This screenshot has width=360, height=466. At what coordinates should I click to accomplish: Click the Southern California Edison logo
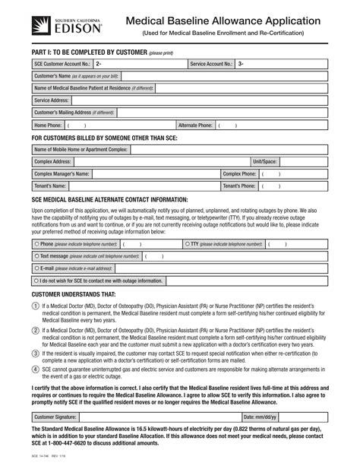[x=52, y=24]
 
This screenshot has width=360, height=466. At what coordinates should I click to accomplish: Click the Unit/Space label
[x=265, y=162]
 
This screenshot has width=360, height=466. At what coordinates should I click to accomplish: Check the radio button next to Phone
[x=36, y=244]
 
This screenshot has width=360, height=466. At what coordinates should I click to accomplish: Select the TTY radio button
[x=188, y=244]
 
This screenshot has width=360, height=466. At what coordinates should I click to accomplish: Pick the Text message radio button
[x=36, y=256]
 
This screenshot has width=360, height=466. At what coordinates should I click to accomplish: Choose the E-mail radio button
[x=36, y=268]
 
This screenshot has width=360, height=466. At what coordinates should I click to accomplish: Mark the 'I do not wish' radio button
[x=36, y=281]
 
